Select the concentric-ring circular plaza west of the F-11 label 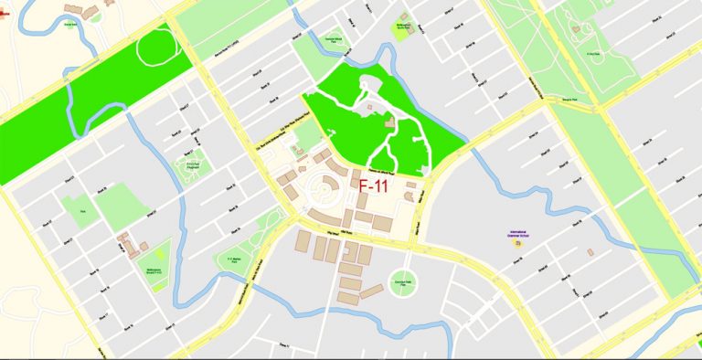coord(324,191)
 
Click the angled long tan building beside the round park coord(371,291)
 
